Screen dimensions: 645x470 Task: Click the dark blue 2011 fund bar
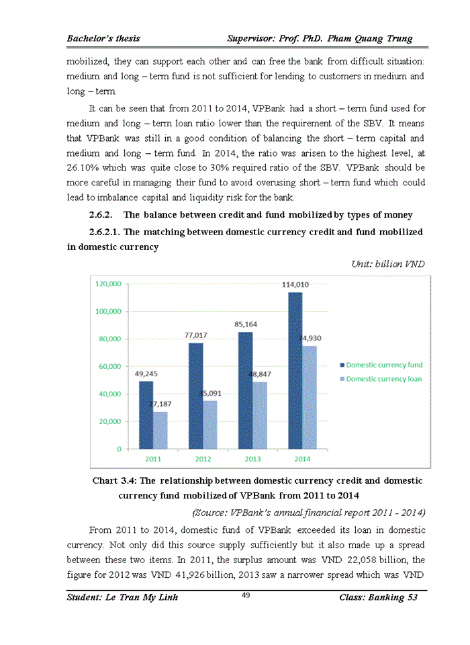click(146, 415)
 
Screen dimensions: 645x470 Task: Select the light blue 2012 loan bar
click(209, 424)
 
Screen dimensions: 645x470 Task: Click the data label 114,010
click(295, 285)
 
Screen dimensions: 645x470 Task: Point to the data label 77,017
click(195, 335)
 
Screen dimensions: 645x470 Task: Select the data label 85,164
click(246, 324)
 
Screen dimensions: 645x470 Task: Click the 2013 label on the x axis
click(252, 458)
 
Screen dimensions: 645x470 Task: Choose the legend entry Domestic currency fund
click(384, 365)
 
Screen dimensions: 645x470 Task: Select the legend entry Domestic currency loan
click(384, 379)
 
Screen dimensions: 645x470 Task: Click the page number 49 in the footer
click(246, 594)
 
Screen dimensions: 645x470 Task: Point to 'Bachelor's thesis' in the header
click(103, 39)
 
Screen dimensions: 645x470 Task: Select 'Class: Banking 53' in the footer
click(379, 598)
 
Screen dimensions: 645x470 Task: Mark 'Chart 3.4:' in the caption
click(114, 481)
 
